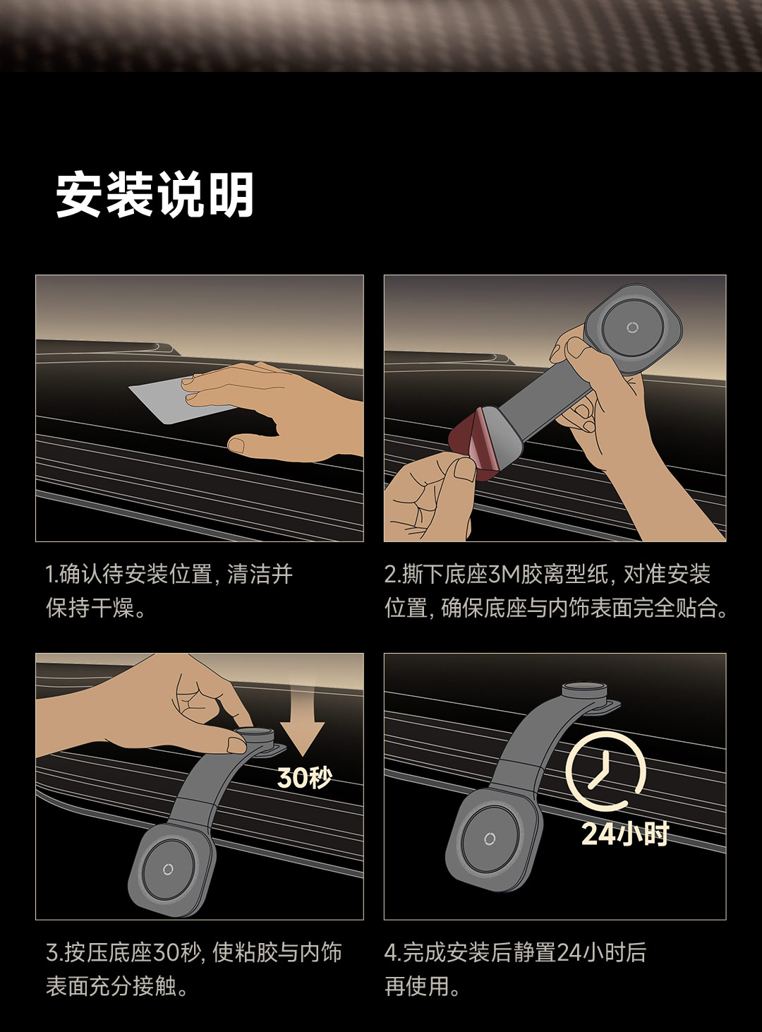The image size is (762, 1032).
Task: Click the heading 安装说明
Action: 155,195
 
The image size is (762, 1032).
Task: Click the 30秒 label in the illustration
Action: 305,777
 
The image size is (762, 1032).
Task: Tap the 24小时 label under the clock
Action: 625,834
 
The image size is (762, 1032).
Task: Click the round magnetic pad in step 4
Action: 490,838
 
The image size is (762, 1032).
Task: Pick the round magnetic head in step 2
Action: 632,327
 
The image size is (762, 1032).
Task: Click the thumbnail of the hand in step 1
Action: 237,445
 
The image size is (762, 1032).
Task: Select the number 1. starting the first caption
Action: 52,574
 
